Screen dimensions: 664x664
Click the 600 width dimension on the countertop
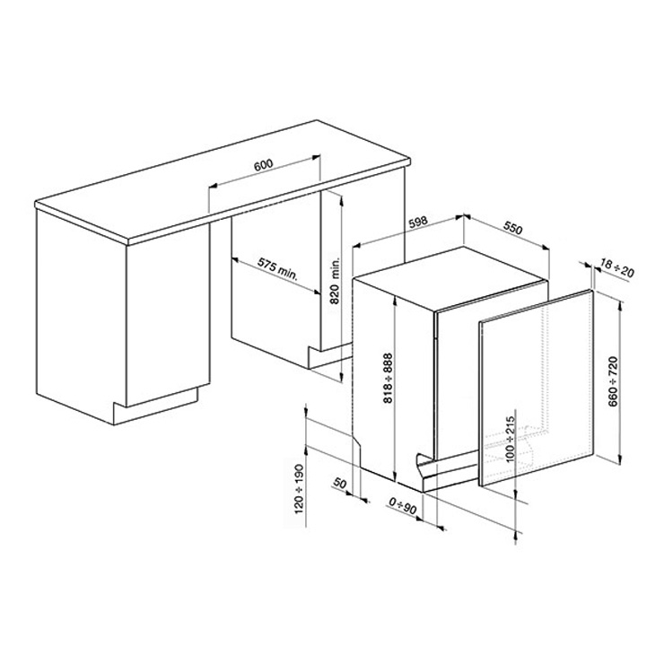(264, 164)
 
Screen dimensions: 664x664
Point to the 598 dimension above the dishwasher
(418, 222)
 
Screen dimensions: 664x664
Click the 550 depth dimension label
(513, 228)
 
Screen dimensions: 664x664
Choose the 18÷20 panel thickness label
(617, 269)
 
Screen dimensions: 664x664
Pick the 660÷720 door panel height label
(613, 382)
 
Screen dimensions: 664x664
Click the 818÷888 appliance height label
(388, 378)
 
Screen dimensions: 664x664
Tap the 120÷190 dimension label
(299, 490)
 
